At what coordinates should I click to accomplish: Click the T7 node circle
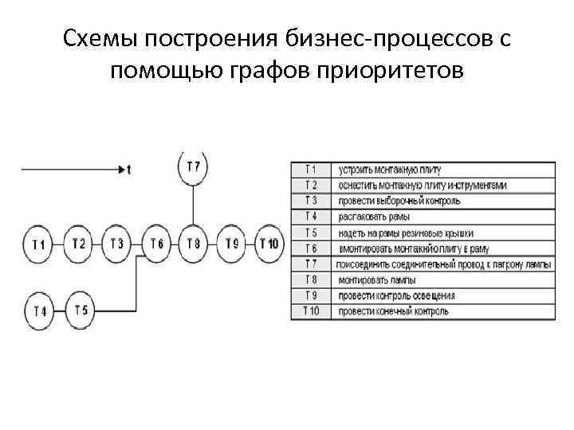(193, 167)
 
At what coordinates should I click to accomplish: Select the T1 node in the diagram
(39, 244)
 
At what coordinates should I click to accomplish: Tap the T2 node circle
(78, 243)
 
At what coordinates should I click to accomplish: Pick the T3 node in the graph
(117, 243)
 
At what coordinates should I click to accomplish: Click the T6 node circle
(156, 243)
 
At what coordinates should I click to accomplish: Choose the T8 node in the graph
(193, 243)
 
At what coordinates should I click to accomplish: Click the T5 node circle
(81, 309)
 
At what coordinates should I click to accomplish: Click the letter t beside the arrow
(128, 169)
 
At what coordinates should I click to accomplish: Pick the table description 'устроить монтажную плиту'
(389, 170)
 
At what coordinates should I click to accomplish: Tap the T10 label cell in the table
(311, 310)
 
